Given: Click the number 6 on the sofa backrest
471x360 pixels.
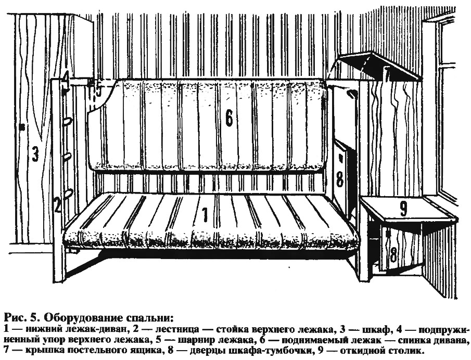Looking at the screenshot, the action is tap(229, 118).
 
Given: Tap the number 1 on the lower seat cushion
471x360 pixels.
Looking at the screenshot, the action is tap(205, 215).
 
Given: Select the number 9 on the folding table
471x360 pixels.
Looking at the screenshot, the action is tap(403, 209).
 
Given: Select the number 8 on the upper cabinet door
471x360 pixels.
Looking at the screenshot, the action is tap(339, 179).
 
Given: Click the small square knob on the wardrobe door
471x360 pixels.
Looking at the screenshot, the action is tap(21, 127).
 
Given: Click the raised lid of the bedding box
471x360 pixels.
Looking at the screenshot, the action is tap(380, 66).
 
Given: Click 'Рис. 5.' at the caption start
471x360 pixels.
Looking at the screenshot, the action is tap(22, 318).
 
